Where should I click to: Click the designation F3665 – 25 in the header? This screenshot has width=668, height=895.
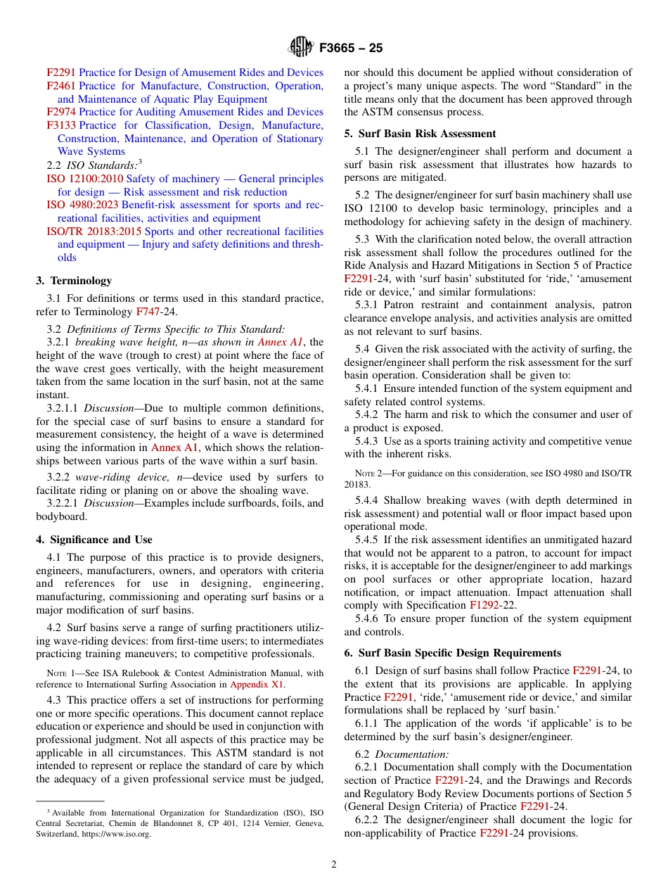click(351, 49)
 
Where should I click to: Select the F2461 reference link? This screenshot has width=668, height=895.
click(61, 86)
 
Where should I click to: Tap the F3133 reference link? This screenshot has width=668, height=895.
click(61, 125)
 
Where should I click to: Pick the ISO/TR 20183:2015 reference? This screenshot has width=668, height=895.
click(94, 231)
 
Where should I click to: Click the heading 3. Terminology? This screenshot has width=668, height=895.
click(74, 281)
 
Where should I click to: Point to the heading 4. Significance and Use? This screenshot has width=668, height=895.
click(94, 540)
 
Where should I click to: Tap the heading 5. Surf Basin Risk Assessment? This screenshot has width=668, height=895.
click(420, 134)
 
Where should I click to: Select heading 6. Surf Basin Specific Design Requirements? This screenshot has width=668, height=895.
click(452, 653)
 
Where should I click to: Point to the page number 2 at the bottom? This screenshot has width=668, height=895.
click(334, 865)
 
